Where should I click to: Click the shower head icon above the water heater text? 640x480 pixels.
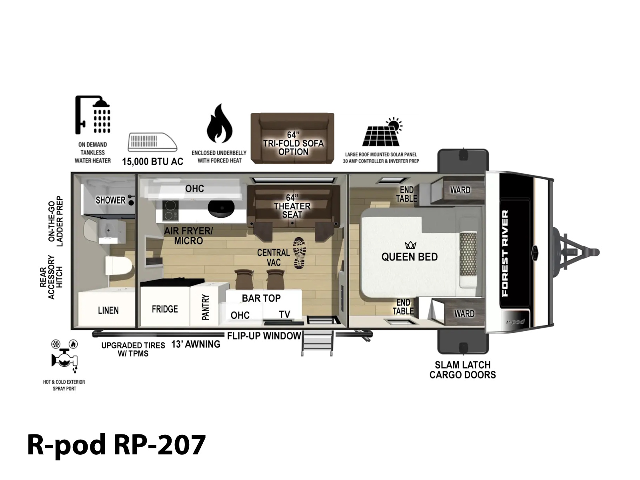(x=93, y=115)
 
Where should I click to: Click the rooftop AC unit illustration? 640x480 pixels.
(x=152, y=142)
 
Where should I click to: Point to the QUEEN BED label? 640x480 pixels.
(x=409, y=257)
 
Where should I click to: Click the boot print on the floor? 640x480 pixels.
(x=300, y=253)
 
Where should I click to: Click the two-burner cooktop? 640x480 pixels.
(x=170, y=210)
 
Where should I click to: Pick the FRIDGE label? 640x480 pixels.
(x=165, y=309)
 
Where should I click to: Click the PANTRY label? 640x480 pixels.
(x=206, y=307)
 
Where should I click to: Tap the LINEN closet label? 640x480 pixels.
(x=108, y=310)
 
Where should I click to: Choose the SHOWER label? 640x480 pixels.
(x=110, y=200)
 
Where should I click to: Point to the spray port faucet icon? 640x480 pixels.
(x=64, y=356)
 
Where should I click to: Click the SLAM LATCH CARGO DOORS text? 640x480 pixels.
(x=462, y=370)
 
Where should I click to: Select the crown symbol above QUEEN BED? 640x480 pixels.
(x=410, y=245)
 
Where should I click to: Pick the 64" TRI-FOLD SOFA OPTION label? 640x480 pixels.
(x=293, y=143)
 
